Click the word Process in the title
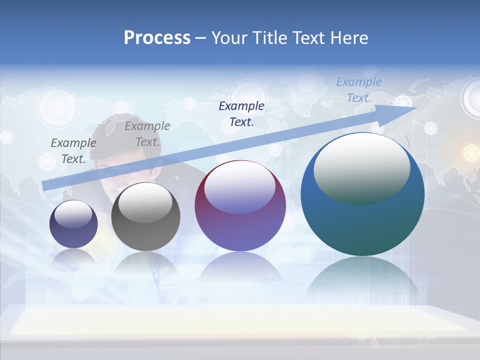tap(157, 38)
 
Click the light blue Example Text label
tap(358, 90)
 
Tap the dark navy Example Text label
tap(241, 113)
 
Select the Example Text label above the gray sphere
tap(147, 134)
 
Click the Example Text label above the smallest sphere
tap(73, 150)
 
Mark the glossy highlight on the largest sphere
tap(361, 169)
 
